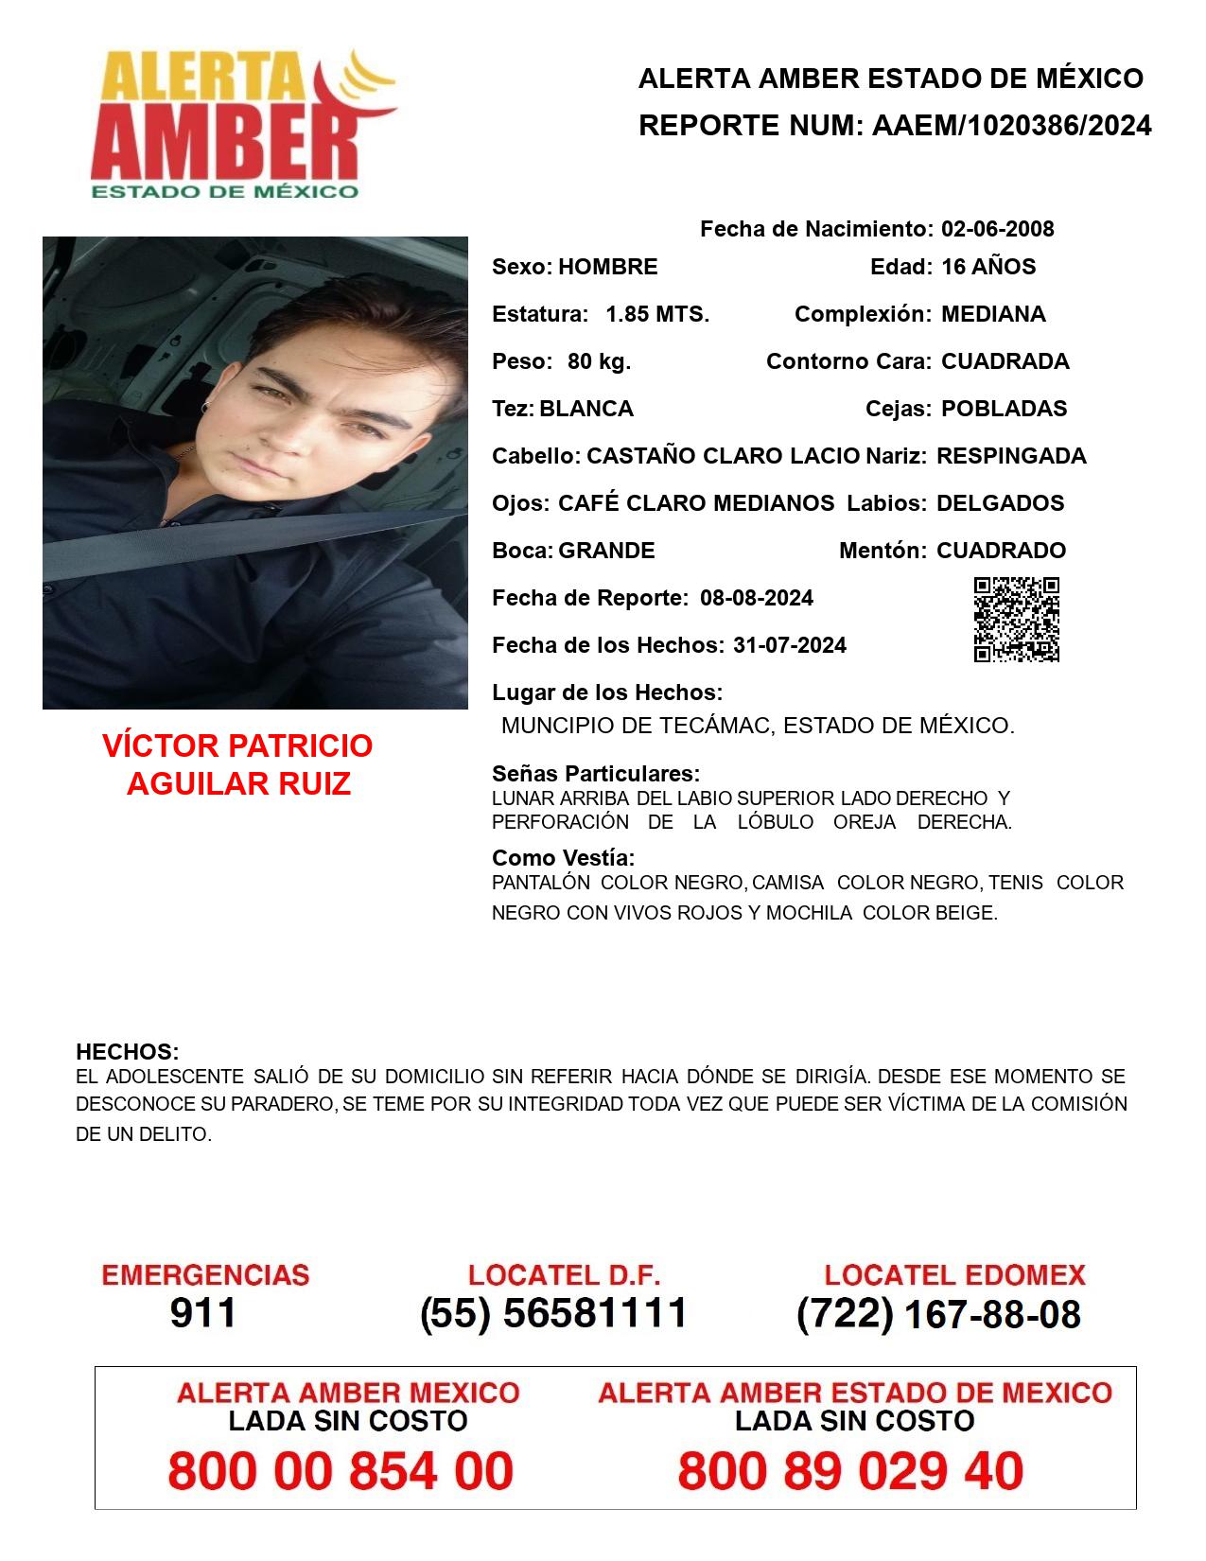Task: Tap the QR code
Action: tap(1017, 620)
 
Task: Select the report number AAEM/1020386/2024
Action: tap(1011, 125)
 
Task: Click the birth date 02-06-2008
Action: tap(997, 229)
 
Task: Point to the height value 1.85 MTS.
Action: tap(657, 314)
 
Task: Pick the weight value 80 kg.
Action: tap(599, 361)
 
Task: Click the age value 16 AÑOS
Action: tap(988, 267)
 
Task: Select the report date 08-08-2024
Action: tap(757, 598)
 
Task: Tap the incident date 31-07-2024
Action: tap(790, 645)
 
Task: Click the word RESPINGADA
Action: tap(1011, 456)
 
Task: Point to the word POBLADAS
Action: tap(1004, 409)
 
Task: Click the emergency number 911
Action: tap(203, 1313)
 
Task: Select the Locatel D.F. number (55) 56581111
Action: tap(553, 1313)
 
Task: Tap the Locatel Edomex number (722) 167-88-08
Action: tap(938, 1314)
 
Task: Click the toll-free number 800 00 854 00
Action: tap(341, 1471)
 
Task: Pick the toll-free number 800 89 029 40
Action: tap(850, 1471)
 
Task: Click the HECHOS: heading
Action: tap(127, 1052)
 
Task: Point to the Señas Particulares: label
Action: tap(596, 774)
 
